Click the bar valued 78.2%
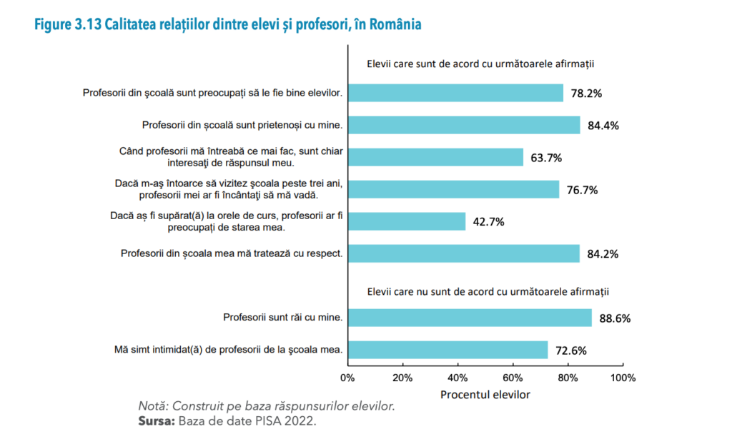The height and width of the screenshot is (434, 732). (x=455, y=93)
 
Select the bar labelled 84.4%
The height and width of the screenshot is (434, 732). (x=463, y=125)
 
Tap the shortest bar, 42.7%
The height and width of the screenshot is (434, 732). (x=406, y=221)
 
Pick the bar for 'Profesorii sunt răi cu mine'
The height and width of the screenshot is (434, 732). (x=470, y=318)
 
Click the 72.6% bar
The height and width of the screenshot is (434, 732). (x=447, y=350)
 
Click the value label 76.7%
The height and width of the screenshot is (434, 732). (x=582, y=190)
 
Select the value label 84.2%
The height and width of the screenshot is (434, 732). (x=603, y=253)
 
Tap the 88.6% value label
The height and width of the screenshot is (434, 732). (x=615, y=318)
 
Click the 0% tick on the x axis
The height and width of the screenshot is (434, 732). (x=347, y=377)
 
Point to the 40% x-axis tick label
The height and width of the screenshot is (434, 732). (x=457, y=377)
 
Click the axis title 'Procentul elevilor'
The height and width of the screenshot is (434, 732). (x=485, y=394)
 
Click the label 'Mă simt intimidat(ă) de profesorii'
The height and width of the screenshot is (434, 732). (x=229, y=350)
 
